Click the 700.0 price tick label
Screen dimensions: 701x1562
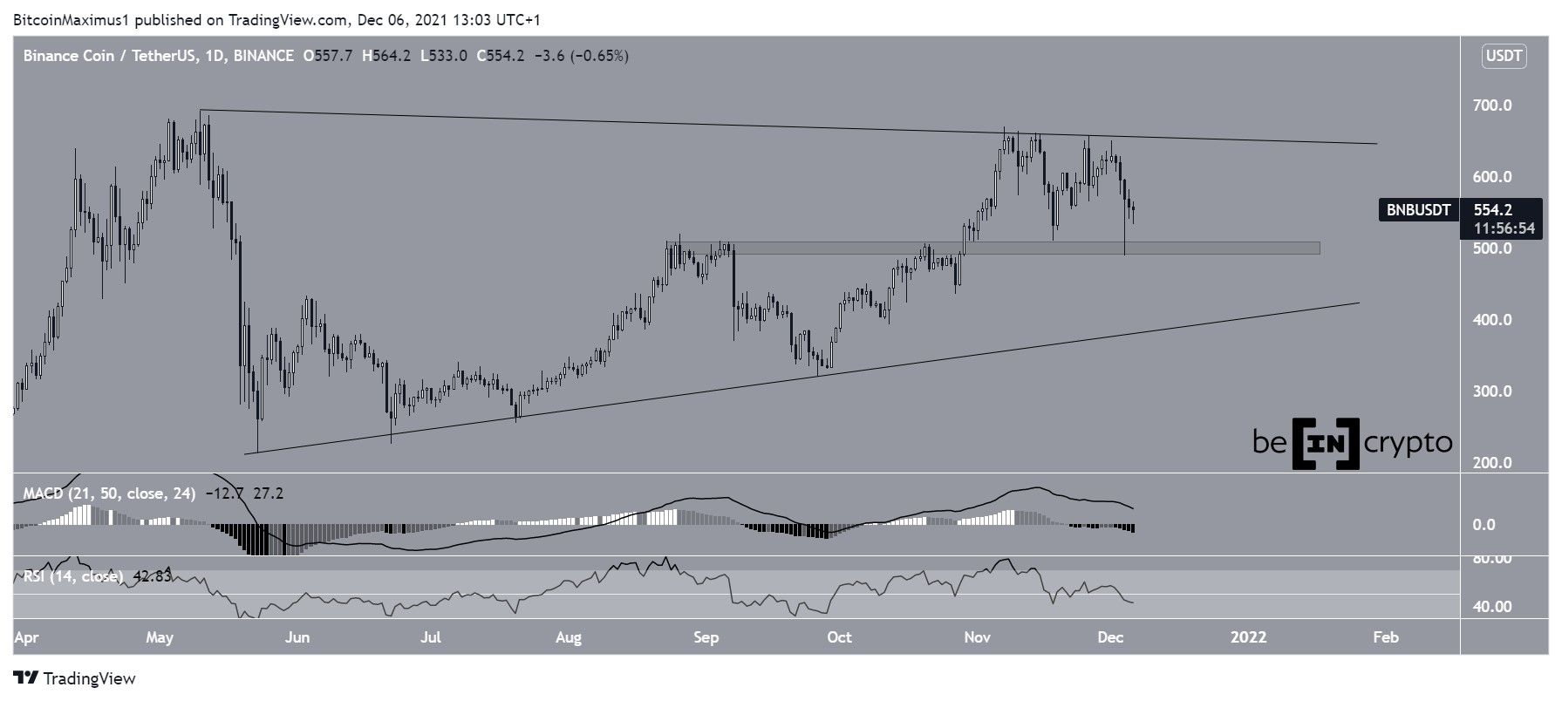pos(1492,105)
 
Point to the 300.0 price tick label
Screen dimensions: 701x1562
pos(1492,391)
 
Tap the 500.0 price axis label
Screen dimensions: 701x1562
pos(1492,248)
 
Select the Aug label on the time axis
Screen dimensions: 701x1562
pos(568,637)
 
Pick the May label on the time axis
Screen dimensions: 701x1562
pos(160,637)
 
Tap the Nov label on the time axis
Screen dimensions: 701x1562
pos(978,637)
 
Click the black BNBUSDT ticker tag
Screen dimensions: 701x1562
pos(1419,210)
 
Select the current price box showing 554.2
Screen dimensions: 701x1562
pos(1493,210)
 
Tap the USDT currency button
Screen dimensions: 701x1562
pos(1503,57)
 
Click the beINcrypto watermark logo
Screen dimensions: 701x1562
pos(1352,443)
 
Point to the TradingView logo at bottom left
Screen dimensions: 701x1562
pos(75,678)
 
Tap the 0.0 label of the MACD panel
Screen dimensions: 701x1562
pos(1484,525)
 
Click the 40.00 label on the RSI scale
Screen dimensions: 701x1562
pos(1492,607)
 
